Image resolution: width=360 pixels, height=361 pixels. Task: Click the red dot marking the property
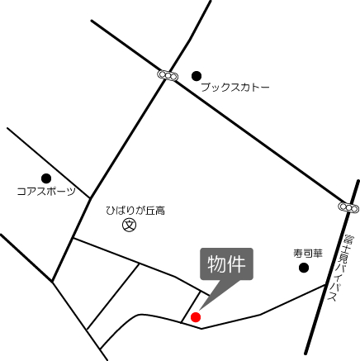point(196,316)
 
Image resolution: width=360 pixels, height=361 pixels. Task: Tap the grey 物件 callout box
point(226,264)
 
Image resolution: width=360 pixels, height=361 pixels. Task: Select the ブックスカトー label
point(235,86)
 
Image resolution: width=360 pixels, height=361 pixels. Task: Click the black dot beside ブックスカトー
point(196,74)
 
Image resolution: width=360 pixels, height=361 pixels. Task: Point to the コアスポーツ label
point(45,191)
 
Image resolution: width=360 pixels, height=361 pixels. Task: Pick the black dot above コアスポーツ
point(46,178)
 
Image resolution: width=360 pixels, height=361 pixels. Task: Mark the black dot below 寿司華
point(304,268)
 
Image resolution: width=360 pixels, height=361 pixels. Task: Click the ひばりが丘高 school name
point(135,211)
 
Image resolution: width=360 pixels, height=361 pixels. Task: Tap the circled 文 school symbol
point(129,225)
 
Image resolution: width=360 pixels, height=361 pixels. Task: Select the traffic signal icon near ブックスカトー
point(168,75)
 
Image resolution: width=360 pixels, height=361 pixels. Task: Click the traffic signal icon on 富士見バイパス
point(348,207)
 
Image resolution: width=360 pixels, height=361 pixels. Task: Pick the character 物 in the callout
point(216,264)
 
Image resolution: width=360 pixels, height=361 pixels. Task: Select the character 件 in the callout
point(236,264)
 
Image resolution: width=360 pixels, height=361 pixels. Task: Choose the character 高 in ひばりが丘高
point(160,211)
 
